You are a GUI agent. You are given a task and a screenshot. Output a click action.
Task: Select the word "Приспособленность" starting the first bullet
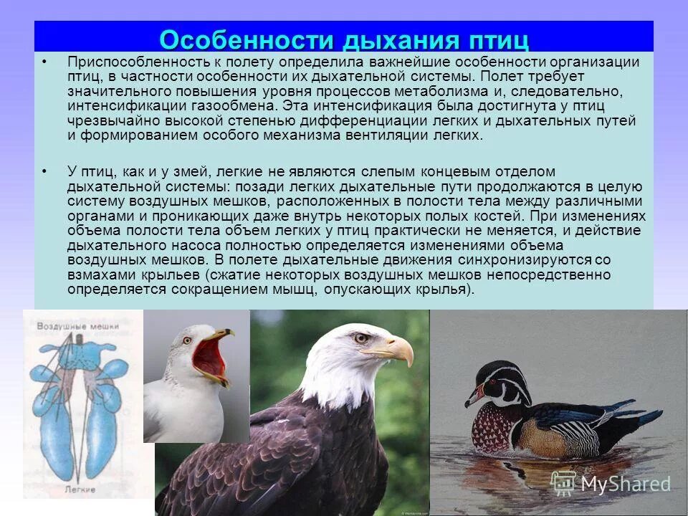click(130, 62)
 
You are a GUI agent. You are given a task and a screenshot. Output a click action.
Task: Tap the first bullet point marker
click(44, 62)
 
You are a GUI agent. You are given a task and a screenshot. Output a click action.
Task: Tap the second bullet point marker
click(44, 171)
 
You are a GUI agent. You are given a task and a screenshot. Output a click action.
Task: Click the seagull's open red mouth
click(211, 355)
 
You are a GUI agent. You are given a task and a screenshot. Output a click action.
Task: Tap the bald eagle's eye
click(360, 338)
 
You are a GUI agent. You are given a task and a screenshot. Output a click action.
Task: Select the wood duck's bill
click(474, 396)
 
